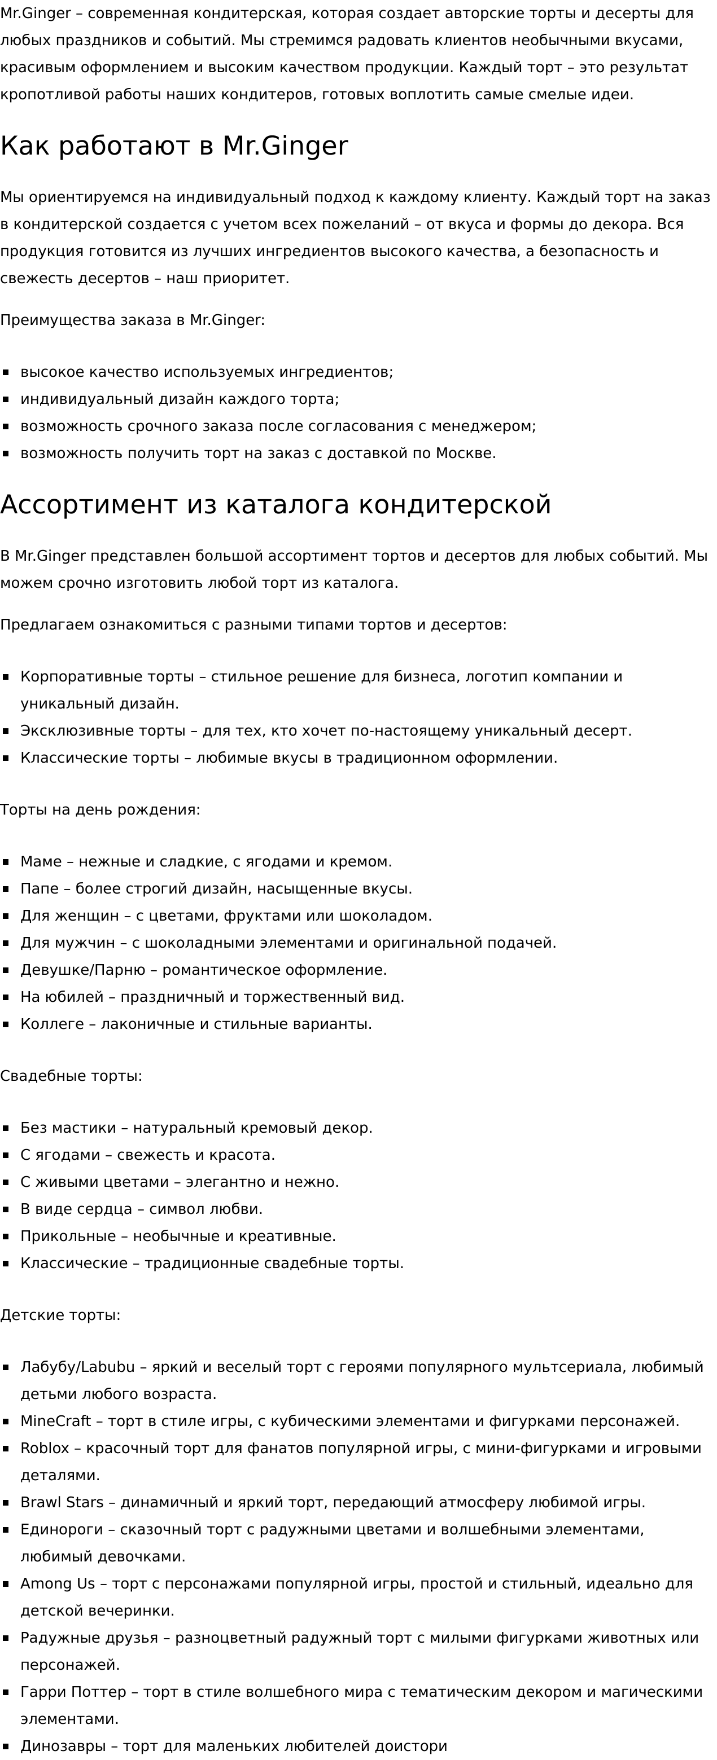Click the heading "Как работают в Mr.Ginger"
click(174, 146)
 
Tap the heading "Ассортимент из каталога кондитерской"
click(276, 505)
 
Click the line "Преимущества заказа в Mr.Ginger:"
click(133, 320)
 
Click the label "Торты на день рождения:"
click(100, 809)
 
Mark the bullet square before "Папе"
click(6, 889)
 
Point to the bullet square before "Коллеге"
click(6, 1024)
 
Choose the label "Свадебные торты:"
click(71, 1076)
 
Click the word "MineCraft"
click(55, 1421)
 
